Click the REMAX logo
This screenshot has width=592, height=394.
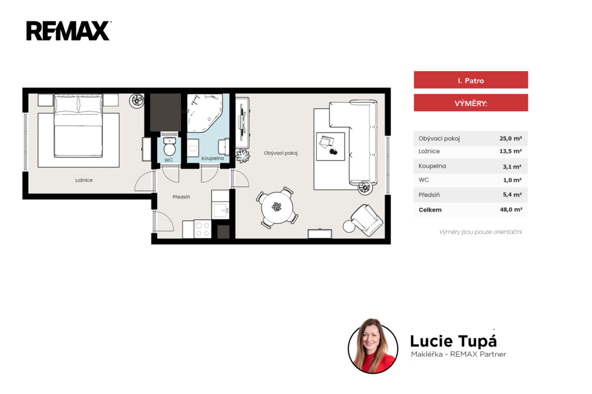click(68, 31)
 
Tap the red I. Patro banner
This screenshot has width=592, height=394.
click(471, 80)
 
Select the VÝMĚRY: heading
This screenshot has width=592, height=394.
click(471, 103)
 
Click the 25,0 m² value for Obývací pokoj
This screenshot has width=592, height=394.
click(511, 138)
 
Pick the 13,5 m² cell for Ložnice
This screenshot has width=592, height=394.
click(511, 151)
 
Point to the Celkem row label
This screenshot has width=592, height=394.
click(430, 209)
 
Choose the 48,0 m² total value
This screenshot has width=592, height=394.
click(511, 209)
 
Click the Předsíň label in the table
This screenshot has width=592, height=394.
click(430, 195)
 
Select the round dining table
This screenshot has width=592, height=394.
click(277, 207)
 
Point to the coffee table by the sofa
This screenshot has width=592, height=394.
click(330, 146)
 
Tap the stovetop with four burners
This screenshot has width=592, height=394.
click(203, 229)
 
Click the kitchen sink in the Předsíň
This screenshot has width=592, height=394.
click(221, 210)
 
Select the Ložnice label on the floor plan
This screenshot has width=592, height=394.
click(84, 180)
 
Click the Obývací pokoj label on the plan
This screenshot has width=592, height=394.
click(281, 153)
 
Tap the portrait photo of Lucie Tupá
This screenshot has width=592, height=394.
click(373, 346)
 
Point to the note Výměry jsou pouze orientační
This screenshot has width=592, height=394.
click(480, 232)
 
